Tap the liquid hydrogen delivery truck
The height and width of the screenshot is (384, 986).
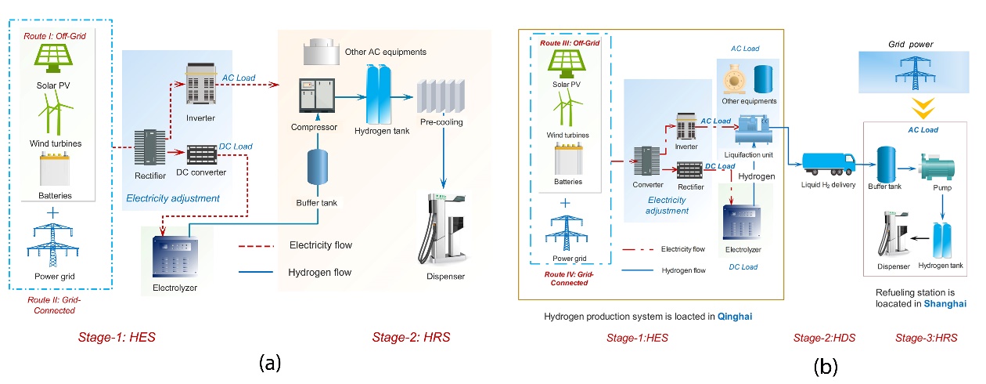pyautogui.click(x=829, y=161)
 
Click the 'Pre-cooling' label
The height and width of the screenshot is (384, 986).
pyautogui.click(x=441, y=122)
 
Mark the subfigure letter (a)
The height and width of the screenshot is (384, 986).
pyautogui.click(x=268, y=362)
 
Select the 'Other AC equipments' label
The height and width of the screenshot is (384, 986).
pyautogui.click(x=385, y=53)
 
